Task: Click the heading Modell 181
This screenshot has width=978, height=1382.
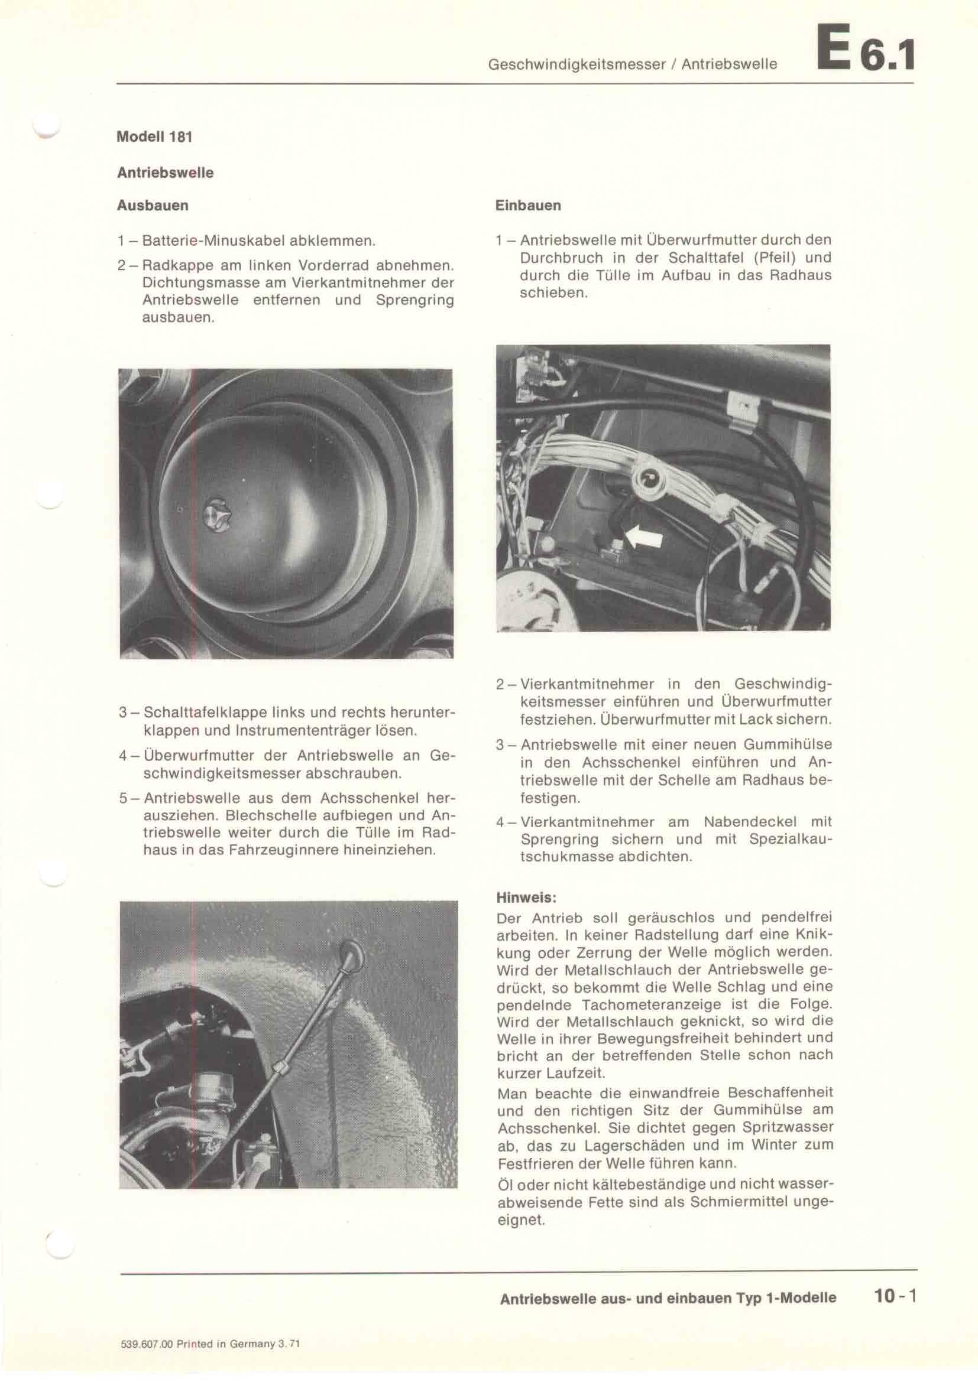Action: coord(154,136)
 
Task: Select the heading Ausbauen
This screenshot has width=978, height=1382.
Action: coord(153,205)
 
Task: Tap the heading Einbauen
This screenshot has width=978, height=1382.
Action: coord(528,205)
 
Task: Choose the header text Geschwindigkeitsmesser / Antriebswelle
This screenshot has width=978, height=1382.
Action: coord(632,64)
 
